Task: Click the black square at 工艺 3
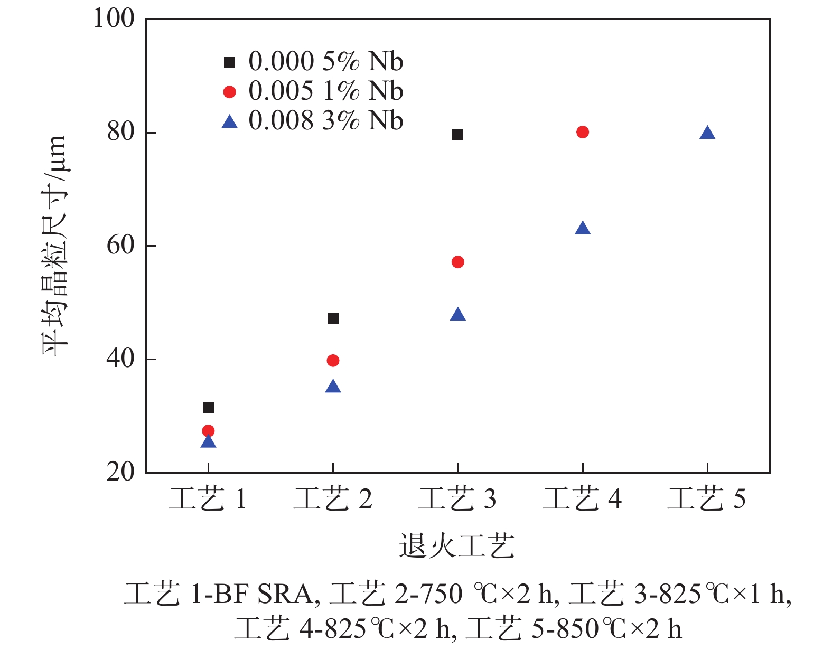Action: tap(457, 135)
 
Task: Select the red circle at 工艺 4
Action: tap(582, 132)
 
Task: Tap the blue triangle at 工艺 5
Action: tap(707, 133)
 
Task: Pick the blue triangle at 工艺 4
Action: tap(582, 229)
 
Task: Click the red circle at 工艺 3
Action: tap(457, 262)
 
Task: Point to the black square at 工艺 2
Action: tap(333, 318)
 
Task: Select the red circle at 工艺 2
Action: tap(333, 361)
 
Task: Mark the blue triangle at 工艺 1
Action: tap(208, 441)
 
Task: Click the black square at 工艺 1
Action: tap(208, 407)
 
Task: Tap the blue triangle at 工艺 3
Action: tap(457, 315)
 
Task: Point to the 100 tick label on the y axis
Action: tap(114, 19)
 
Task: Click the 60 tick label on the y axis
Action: tap(121, 246)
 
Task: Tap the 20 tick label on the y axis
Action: tap(121, 472)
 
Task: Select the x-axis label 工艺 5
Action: tap(707, 499)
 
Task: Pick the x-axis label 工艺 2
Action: tap(333, 499)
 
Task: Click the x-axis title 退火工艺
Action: tap(457, 546)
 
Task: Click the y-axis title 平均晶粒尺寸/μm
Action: tap(55, 246)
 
